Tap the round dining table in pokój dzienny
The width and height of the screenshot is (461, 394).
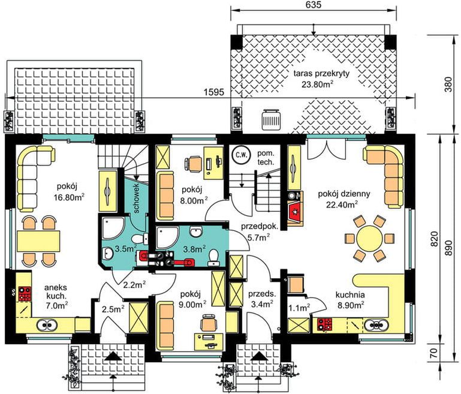pos(369,237)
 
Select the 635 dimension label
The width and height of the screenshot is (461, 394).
pos(313,5)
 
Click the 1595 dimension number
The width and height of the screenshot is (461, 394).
pos(214,92)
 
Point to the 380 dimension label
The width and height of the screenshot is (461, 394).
pos(448,85)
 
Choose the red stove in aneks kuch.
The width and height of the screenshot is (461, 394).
pos(25,293)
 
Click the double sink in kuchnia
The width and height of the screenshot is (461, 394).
pos(376,325)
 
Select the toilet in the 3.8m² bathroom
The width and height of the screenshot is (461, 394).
pos(213,257)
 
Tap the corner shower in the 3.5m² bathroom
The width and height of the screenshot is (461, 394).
pos(113,227)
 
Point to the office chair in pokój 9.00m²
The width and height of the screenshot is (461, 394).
pos(209,323)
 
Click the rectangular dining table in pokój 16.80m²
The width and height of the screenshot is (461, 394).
pos(38,241)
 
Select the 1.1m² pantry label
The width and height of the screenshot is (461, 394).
pos(299,308)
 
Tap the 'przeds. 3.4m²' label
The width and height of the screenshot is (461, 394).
pos(262,299)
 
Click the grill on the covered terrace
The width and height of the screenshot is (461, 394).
pos(272,119)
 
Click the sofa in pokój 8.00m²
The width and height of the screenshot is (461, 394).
pos(165,196)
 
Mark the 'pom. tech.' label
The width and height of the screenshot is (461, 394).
pos(266,158)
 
